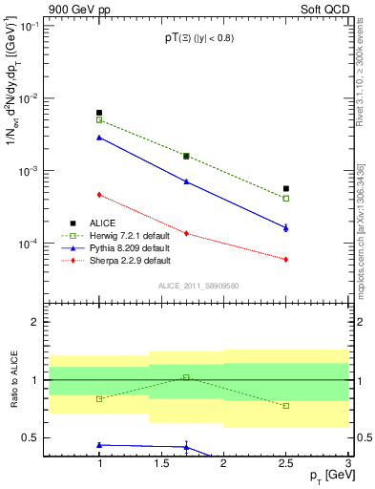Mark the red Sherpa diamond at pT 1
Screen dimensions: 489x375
tap(99, 195)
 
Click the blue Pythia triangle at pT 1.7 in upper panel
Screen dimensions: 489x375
tap(186, 181)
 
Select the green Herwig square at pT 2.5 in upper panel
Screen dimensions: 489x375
tap(285, 199)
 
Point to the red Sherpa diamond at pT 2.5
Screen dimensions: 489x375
tap(285, 259)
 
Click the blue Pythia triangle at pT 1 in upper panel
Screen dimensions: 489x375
tap(99, 138)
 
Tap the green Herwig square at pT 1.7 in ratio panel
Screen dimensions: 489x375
tap(186, 377)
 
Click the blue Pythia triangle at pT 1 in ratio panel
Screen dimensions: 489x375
tap(99, 445)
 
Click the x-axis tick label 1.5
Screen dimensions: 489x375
tap(161, 463)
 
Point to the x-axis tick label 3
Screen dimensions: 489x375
tap(348, 463)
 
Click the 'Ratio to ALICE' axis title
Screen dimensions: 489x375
tap(12, 382)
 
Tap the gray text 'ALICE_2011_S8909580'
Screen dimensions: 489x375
tap(197, 285)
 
